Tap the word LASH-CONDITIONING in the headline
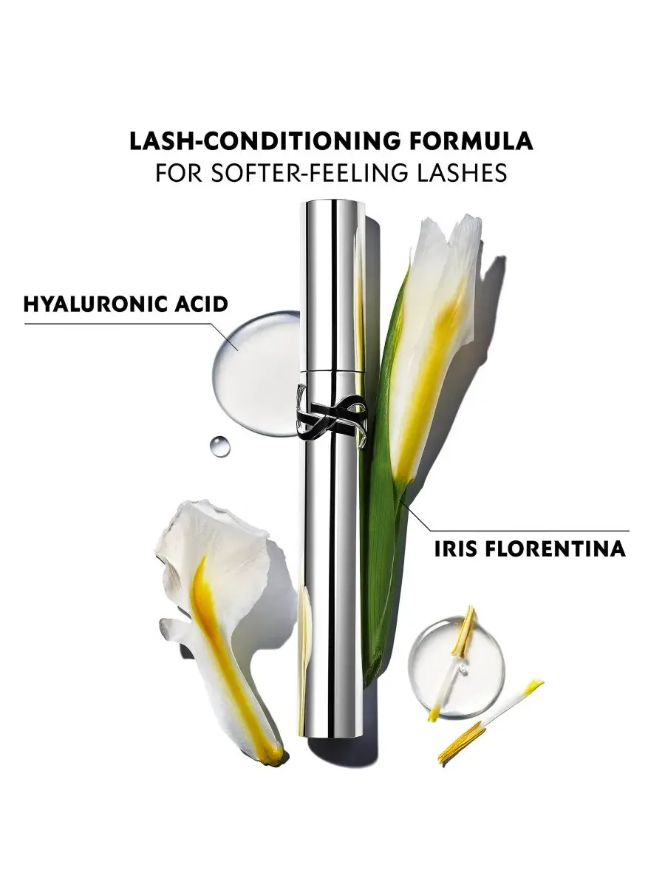pyautogui.click(x=261, y=141)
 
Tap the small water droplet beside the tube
pyautogui.click(x=220, y=446)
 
